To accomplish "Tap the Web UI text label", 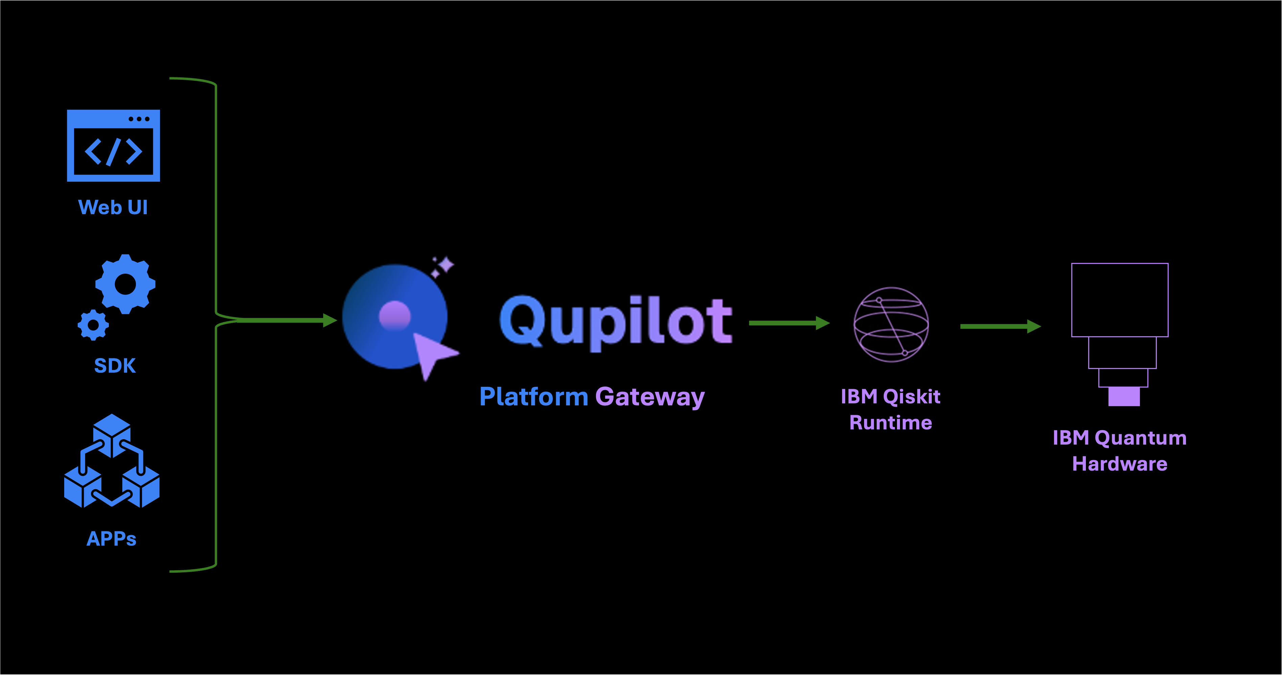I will (x=113, y=207).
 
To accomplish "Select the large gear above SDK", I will (x=125, y=284).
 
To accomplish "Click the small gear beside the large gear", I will (x=93, y=325).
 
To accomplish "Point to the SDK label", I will (x=115, y=366).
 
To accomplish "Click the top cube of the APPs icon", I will (x=112, y=431).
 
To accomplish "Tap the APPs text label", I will (x=112, y=539).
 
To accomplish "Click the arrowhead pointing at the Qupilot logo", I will (x=329, y=320).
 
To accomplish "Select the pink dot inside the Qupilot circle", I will (x=395, y=316).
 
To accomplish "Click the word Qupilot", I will (x=616, y=321).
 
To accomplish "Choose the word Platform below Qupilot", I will (x=533, y=397).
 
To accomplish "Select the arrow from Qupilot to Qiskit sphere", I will (x=789, y=323).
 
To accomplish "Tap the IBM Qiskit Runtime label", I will (x=890, y=409).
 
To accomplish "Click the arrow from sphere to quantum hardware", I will (x=1000, y=327).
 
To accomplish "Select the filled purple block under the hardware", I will (x=1124, y=397).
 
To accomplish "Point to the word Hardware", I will (x=1120, y=464).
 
